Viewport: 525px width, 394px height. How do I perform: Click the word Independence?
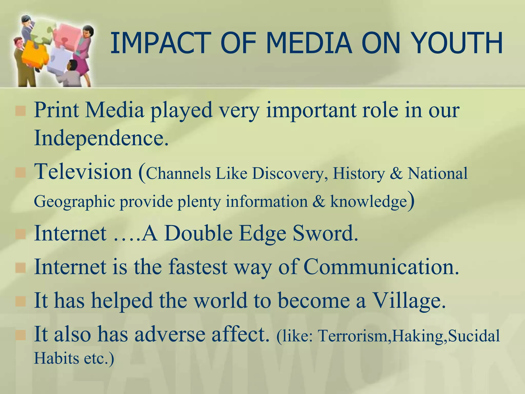pyautogui.click(x=101, y=138)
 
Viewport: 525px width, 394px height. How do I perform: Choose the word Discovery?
pyautogui.click(x=287, y=174)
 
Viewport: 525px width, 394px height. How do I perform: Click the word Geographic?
pyautogui.click(x=74, y=202)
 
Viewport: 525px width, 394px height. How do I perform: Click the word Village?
pyautogui.click(x=409, y=300)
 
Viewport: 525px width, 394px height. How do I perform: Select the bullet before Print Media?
pyautogui.click(x=21, y=111)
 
